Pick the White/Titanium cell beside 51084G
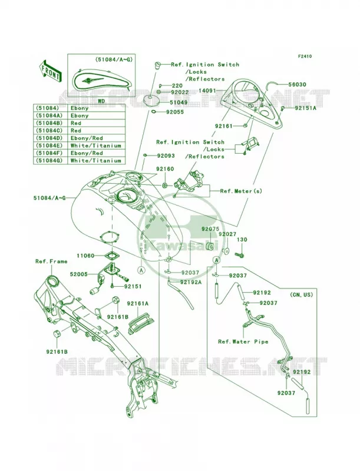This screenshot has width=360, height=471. click(96, 161)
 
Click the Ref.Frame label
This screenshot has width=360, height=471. click(51, 261)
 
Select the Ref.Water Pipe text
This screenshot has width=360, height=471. click(243, 341)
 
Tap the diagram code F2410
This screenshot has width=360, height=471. click(305, 56)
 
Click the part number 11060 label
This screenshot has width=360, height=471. click(85, 256)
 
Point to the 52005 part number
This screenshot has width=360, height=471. click(79, 274)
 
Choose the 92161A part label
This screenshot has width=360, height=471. click(137, 304)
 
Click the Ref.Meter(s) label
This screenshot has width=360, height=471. click(241, 191)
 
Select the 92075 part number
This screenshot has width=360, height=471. click(210, 229)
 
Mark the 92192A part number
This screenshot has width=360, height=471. click(191, 282)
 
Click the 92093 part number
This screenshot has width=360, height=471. click(166, 156)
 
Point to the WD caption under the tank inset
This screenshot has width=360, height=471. click(101, 101)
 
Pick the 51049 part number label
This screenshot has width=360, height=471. click(179, 102)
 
